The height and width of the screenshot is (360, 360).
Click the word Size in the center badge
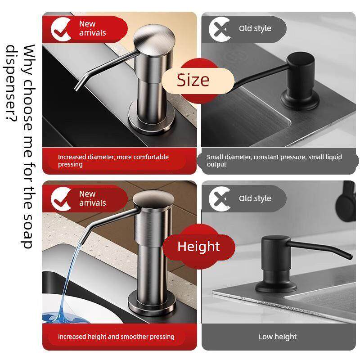pyautogui.click(x=193, y=80)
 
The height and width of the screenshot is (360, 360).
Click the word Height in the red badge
pyautogui.click(x=198, y=247)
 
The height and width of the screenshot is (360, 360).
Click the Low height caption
pyautogui.click(x=278, y=337)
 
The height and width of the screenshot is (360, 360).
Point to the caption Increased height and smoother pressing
pyautogui.click(x=116, y=337)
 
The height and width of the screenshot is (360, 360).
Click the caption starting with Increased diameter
pyautogui.click(x=113, y=161)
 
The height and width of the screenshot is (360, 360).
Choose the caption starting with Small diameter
pyautogui.click(x=274, y=161)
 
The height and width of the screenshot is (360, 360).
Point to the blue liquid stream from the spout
pyautogui.click(x=69, y=283)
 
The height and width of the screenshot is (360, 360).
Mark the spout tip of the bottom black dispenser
pyautogui.click(x=350, y=256)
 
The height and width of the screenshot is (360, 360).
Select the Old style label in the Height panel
pyautogui.click(x=255, y=198)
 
